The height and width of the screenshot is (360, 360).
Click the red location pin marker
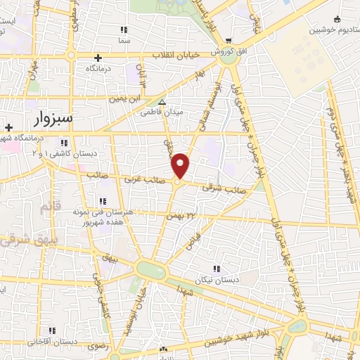(x=180, y=165)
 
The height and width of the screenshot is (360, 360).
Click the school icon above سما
(x=124, y=30)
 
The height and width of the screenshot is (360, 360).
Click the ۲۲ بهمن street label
(x=180, y=213)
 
